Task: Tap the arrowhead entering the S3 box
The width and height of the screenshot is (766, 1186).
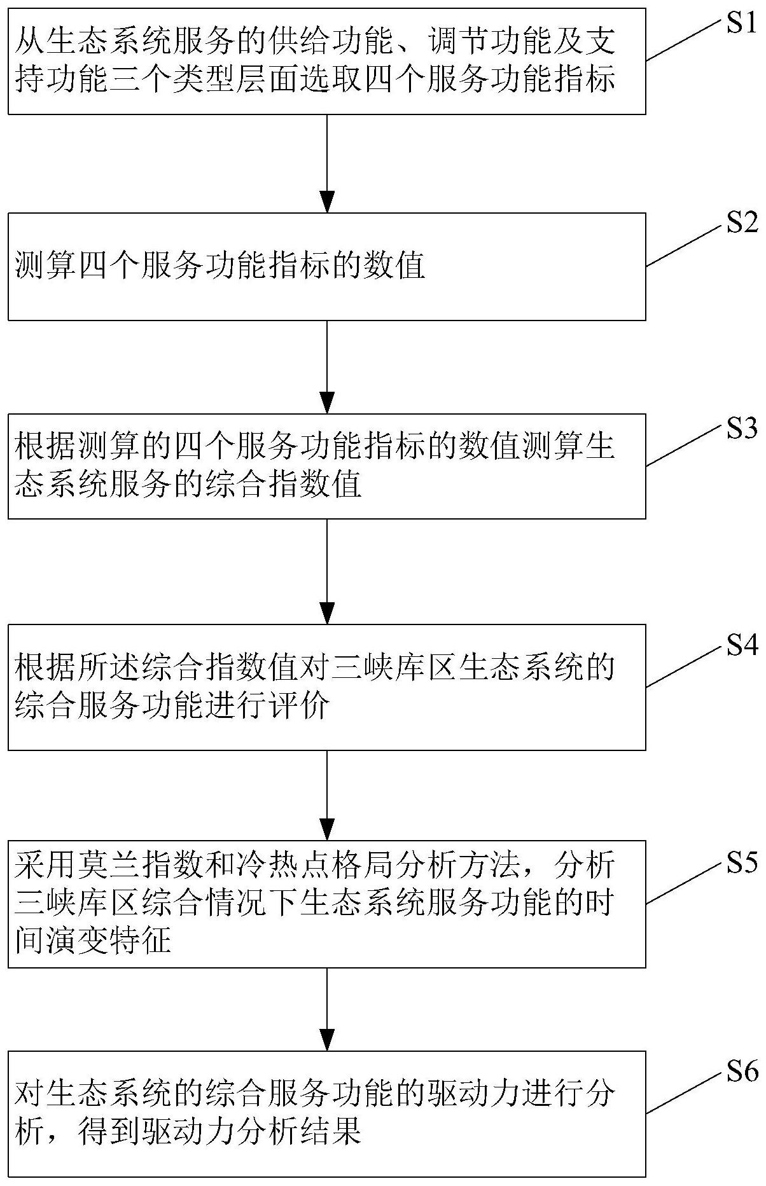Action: tap(326, 404)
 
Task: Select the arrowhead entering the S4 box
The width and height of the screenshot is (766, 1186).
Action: tap(326, 614)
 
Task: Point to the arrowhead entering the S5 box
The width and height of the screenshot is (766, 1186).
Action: tap(326, 829)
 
